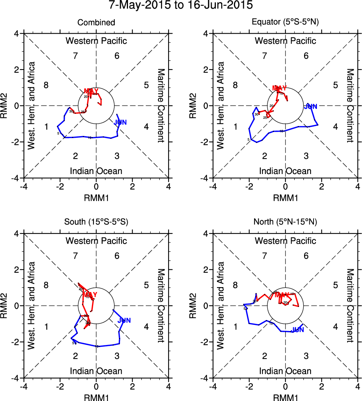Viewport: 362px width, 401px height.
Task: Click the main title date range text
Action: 181,6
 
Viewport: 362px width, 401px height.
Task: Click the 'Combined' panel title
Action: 96,23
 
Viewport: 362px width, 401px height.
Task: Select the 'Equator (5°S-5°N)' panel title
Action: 286,23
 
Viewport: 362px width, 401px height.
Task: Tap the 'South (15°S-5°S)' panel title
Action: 96,222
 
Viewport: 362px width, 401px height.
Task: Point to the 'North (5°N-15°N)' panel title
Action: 286,222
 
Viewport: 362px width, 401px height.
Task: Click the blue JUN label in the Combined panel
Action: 120,122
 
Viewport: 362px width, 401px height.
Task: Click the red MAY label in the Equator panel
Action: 279,88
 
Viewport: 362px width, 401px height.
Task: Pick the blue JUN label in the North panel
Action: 297,330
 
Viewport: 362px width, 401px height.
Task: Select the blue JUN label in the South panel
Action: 124,321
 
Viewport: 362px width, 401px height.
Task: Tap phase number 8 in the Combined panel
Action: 46,85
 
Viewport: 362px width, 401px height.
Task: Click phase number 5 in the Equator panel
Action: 335,85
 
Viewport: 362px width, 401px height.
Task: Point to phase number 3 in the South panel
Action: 117,356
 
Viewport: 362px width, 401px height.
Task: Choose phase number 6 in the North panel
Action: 306,256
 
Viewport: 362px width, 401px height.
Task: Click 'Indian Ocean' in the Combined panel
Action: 96,171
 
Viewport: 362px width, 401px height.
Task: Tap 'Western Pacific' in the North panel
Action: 286,241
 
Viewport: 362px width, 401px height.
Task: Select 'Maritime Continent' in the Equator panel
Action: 350,106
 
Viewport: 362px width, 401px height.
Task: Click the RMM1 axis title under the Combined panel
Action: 96,197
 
